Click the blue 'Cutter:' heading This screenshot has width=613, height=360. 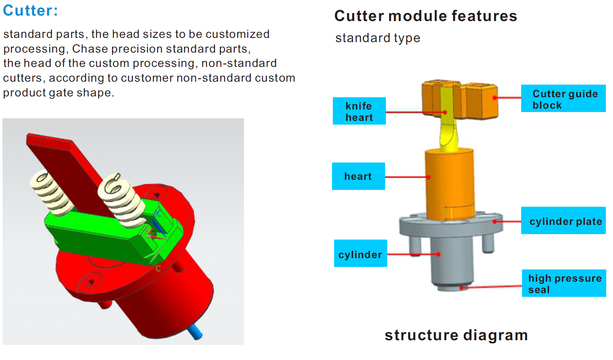(30, 11)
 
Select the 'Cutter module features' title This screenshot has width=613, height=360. (425, 16)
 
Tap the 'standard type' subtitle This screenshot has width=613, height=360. (377, 38)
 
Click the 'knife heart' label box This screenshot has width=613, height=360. (359, 111)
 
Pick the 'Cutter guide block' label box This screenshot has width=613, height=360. (563, 99)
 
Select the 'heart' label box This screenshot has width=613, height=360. (358, 176)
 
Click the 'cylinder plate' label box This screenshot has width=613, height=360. (563, 221)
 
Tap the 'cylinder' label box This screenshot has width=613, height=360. (360, 253)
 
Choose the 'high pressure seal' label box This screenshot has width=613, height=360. (564, 283)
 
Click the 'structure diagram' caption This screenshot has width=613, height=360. (456, 335)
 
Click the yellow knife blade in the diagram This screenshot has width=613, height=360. (447, 126)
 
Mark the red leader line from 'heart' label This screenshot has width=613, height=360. (406, 177)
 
